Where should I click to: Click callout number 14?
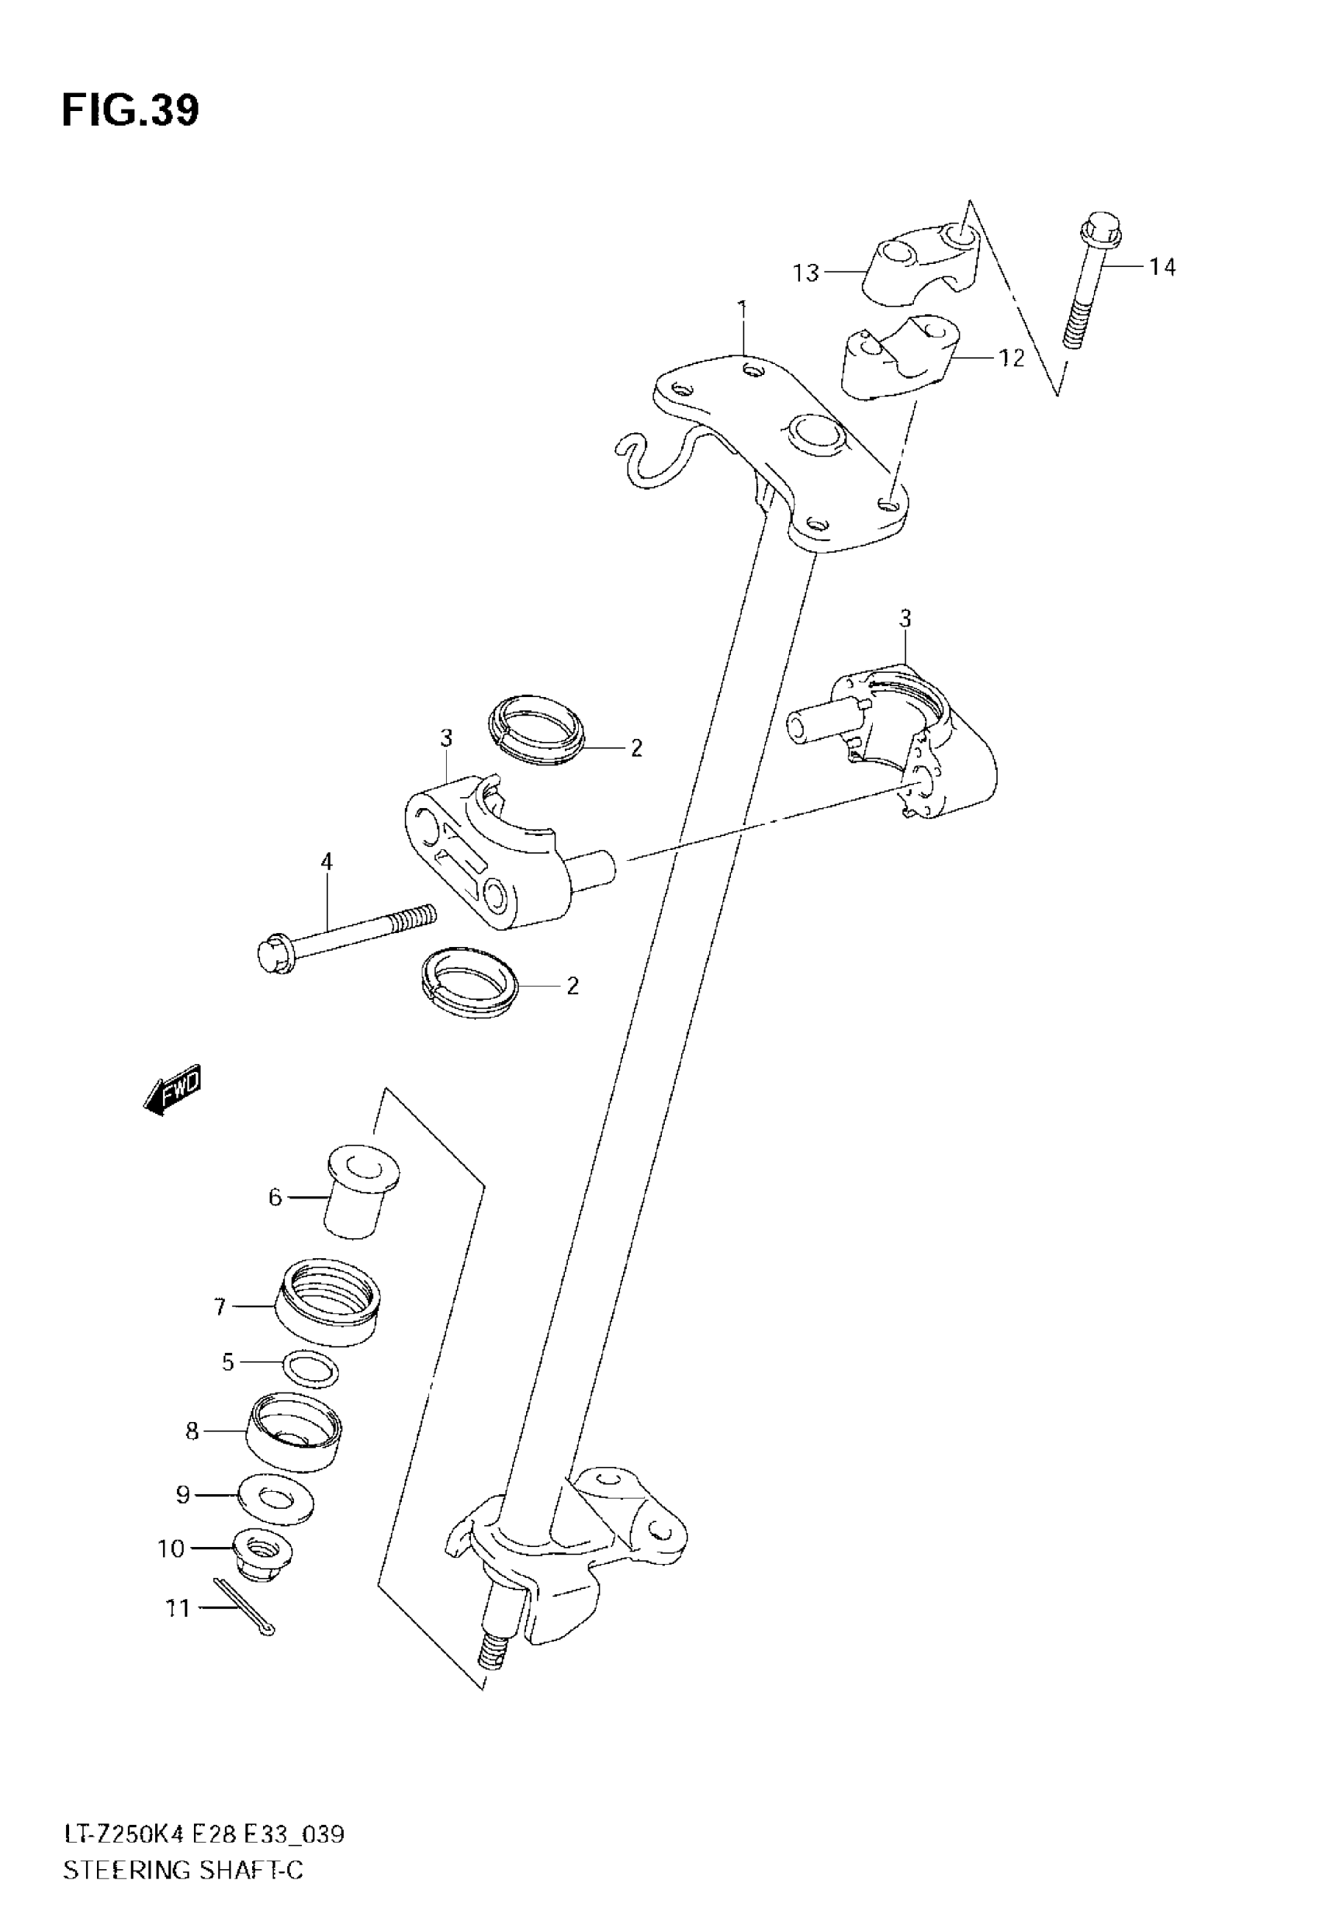coord(1161,267)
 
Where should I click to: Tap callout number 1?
coord(743,310)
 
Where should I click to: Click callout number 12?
coord(1011,358)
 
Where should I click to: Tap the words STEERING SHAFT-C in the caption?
coord(182,1870)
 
